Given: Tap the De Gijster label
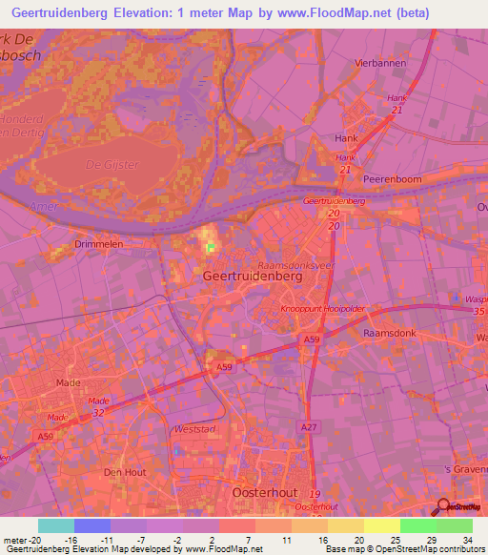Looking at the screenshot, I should tap(112, 165).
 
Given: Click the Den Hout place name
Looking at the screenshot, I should tap(124, 471).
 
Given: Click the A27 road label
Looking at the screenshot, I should tap(307, 428).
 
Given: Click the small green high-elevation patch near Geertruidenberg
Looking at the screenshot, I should tap(211, 247).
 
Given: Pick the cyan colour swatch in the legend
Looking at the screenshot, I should tap(56, 525).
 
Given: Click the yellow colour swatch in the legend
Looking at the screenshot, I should tap(381, 525).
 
